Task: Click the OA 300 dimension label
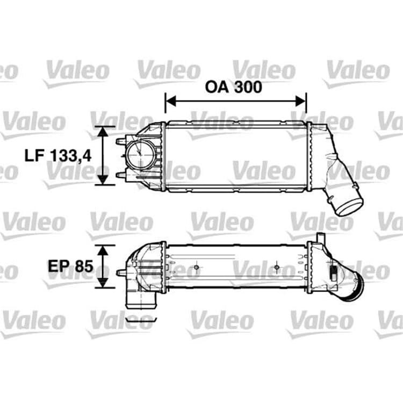233,87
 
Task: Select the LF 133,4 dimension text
58,155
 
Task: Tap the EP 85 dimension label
70,266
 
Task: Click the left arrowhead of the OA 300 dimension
171,101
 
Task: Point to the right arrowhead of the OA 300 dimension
300,101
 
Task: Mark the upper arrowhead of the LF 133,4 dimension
103,132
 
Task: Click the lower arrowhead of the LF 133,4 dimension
103,179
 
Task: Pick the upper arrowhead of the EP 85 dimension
103,250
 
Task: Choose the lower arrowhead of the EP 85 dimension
103,283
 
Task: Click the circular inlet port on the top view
140,154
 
